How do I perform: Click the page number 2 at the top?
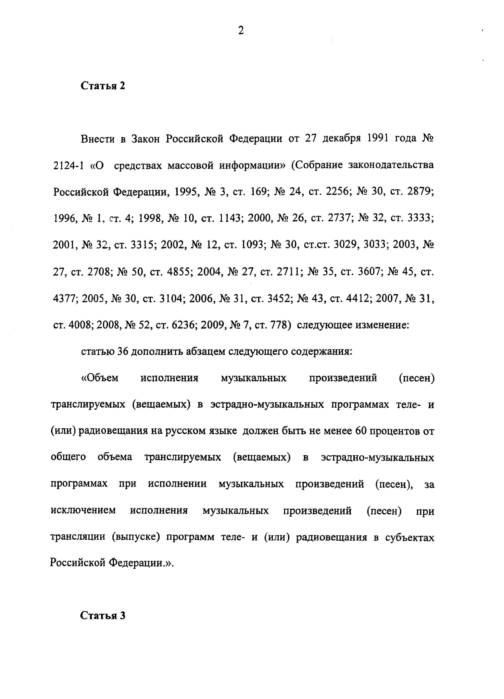(x=241, y=31)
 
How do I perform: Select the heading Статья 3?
(x=103, y=616)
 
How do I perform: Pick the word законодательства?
(x=391, y=166)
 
